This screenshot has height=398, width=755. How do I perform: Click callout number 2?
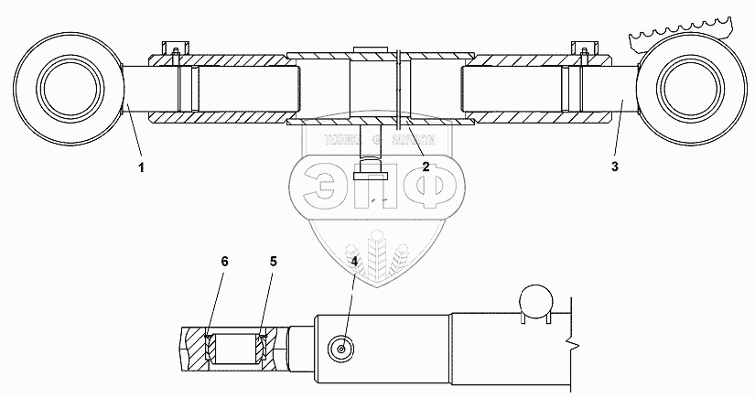click(x=426, y=167)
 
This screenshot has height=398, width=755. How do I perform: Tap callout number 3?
click(x=615, y=167)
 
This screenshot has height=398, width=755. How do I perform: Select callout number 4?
click(x=354, y=259)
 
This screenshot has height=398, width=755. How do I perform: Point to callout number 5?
click(x=272, y=261)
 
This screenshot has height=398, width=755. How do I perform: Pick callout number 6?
click(x=226, y=261)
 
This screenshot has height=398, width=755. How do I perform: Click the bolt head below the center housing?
click(x=372, y=162)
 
